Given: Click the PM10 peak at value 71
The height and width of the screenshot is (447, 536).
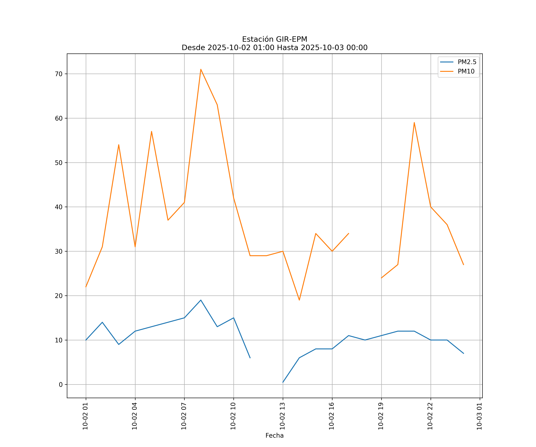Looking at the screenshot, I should pyautogui.click(x=201, y=69).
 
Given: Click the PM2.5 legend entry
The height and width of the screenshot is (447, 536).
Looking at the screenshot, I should pyautogui.click(x=467, y=62).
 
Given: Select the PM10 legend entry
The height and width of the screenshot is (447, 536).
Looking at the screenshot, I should pyautogui.click(x=466, y=72).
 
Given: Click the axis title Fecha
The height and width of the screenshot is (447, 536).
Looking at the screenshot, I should pyautogui.click(x=274, y=436).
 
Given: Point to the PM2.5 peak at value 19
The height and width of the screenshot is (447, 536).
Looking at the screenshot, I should pyautogui.click(x=201, y=300).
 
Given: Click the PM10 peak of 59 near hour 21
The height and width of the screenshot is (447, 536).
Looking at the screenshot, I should pyautogui.click(x=414, y=123).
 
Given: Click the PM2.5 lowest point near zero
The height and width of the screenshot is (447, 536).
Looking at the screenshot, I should pyautogui.click(x=283, y=382).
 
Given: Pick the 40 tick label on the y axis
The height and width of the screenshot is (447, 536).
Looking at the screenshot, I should pyautogui.click(x=59, y=207).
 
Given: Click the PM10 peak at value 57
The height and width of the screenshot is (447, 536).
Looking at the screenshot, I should pyautogui.click(x=152, y=132).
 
